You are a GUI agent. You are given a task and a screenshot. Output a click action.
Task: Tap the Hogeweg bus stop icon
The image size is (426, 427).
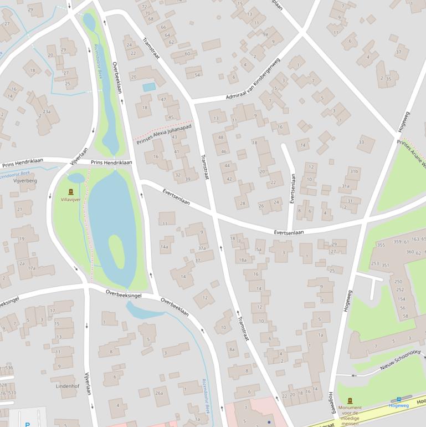398,399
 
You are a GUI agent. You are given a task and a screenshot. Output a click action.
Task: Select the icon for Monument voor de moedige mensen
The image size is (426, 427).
350,400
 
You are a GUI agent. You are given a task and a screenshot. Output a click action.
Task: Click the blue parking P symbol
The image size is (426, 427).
27,424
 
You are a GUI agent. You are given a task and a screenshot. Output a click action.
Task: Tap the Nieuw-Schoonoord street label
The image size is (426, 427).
401,360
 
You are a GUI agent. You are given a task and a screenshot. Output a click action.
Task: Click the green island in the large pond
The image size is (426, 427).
116,251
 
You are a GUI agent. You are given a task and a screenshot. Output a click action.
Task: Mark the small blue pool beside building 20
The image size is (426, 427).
149,87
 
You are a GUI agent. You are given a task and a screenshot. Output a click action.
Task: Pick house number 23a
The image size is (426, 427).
47,112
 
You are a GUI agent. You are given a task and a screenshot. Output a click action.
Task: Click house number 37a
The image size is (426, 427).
202,248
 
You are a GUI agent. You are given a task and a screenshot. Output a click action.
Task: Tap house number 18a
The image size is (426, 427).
242,260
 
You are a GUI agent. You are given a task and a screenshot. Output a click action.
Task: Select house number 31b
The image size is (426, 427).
353,172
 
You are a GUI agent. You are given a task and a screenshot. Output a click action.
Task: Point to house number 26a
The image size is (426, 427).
160,393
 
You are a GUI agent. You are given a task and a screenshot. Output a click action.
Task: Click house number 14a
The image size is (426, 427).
165,246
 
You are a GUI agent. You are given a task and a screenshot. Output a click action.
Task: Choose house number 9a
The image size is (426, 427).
265,34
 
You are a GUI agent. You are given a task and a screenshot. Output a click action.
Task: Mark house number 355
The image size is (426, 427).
381,245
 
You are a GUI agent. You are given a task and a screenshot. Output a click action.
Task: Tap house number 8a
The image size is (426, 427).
232,349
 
